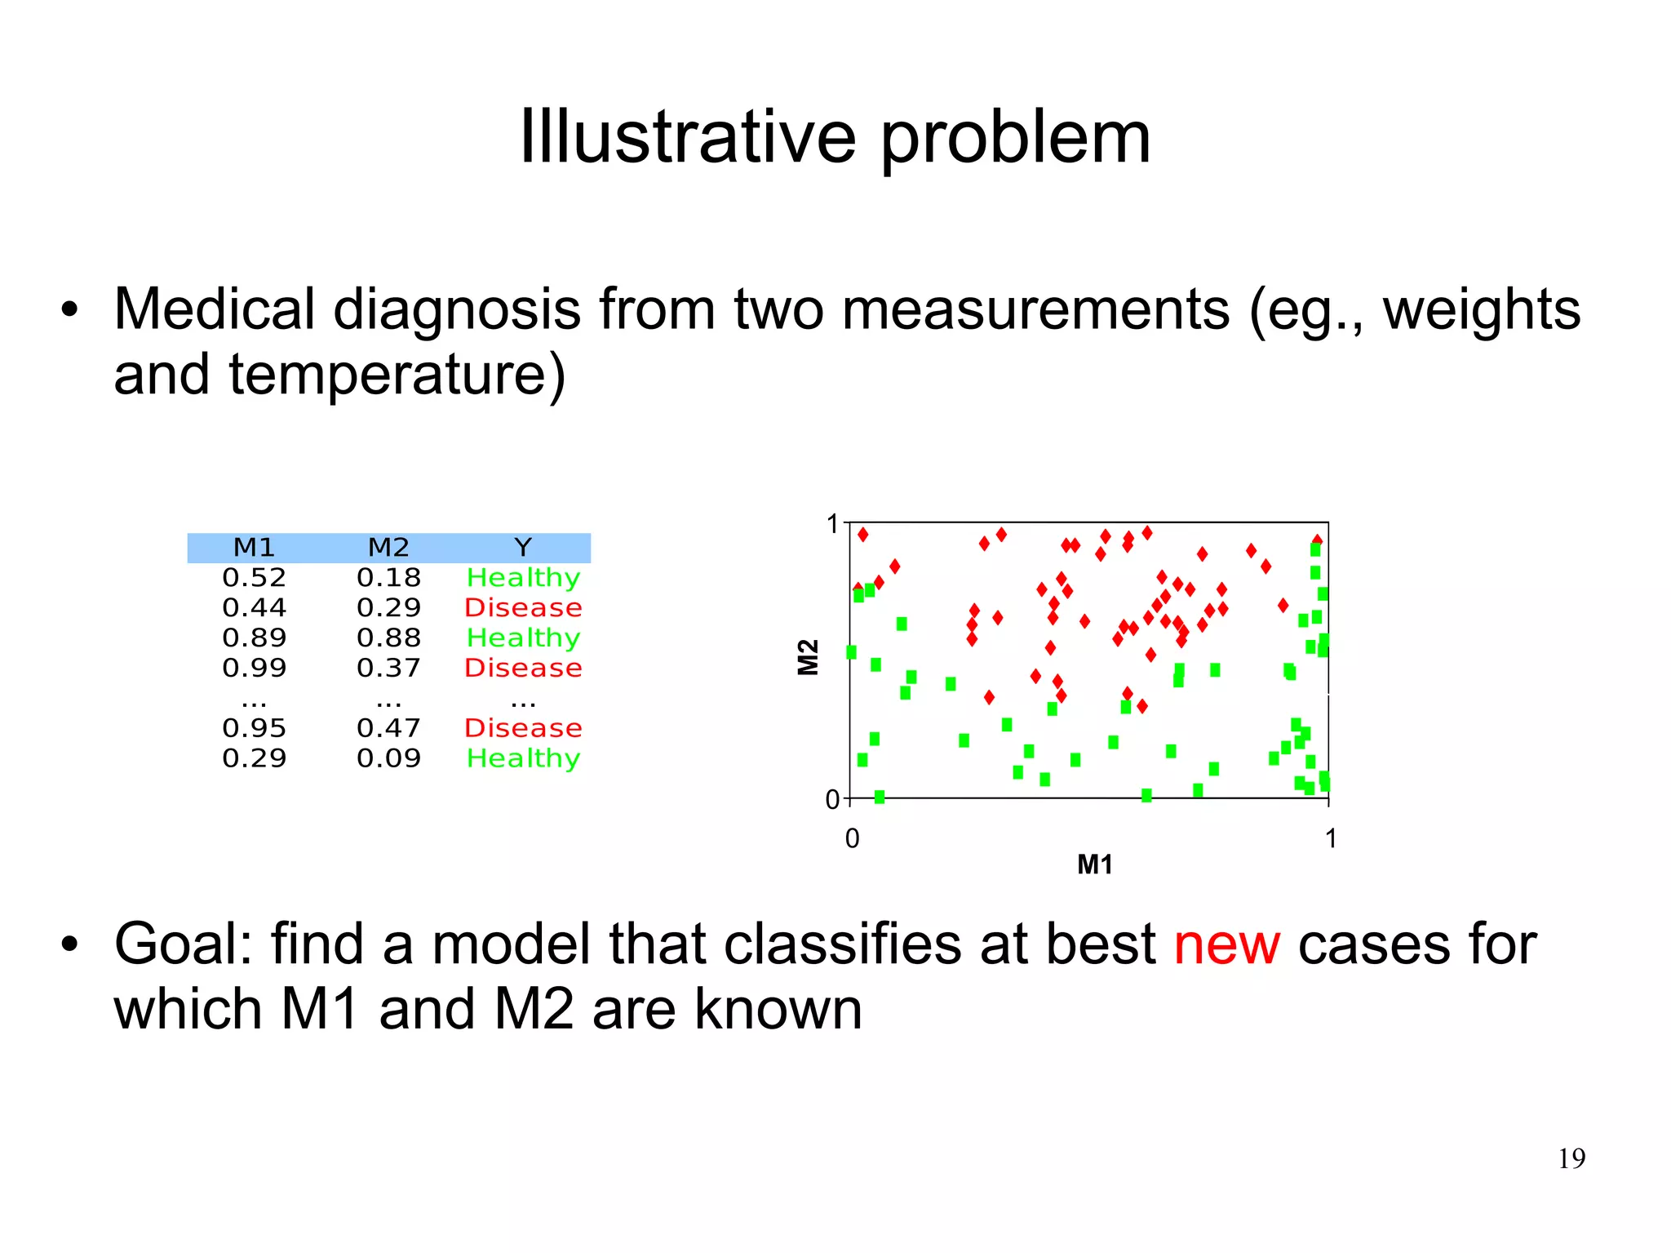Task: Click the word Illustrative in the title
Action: (x=689, y=136)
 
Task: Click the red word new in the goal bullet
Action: (x=1226, y=944)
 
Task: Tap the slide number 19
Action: (x=1571, y=1158)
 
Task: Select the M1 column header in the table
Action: (x=254, y=547)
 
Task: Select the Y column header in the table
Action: (x=523, y=547)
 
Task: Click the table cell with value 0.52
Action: (x=254, y=578)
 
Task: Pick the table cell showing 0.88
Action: (x=388, y=638)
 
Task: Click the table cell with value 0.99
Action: (x=254, y=668)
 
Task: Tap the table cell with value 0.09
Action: (x=388, y=758)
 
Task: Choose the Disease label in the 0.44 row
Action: (x=523, y=607)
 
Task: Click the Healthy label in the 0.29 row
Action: (x=523, y=758)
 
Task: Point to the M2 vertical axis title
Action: (x=807, y=657)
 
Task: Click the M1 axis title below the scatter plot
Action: (x=1094, y=864)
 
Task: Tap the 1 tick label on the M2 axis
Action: (x=832, y=524)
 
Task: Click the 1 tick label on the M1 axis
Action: (x=1330, y=838)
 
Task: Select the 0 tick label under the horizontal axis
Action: (x=852, y=838)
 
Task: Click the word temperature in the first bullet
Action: (x=397, y=374)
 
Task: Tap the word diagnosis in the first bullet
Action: (x=457, y=310)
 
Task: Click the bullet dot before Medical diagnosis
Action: (x=69, y=310)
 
